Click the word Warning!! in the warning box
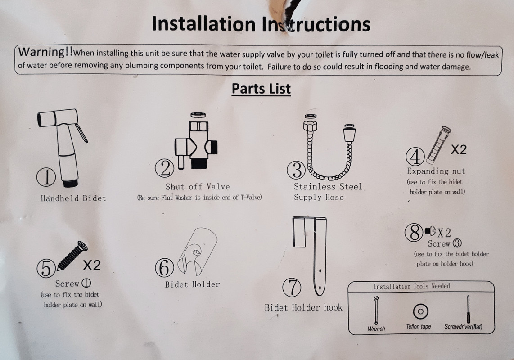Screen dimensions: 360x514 coord(45,52)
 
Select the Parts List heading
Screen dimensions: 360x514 coord(261,89)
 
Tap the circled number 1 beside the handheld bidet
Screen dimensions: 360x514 coord(45,178)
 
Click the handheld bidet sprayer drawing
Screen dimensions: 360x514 coord(63,144)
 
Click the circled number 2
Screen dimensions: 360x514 coord(164,168)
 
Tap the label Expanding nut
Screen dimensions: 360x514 coord(436,171)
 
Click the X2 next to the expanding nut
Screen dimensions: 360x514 coord(458,149)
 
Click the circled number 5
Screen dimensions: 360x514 coord(46,269)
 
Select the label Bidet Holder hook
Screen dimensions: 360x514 coord(303,308)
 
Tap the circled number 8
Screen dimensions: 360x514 coord(413,233)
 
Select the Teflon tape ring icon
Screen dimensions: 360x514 coord(420,311)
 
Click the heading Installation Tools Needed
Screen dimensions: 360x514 coord(411,286)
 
